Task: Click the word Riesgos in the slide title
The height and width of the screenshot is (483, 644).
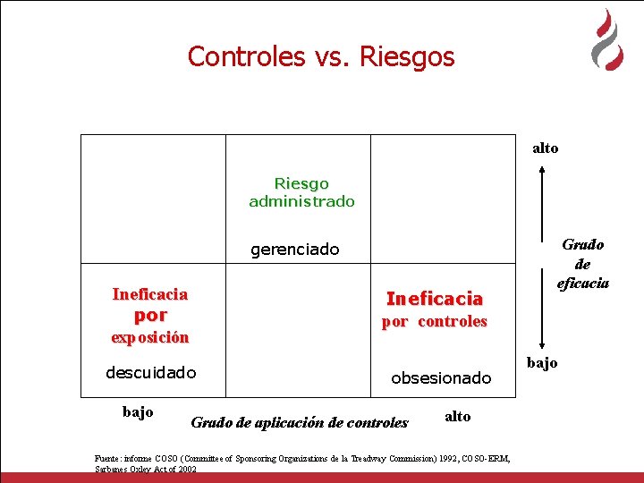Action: pyautogui.click(x=407, y=57)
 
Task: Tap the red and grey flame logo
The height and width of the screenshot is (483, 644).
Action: pyautogui.click(x=607, y=41)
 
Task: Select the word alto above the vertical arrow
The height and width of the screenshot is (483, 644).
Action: pyautogui.click(x=545, y=148)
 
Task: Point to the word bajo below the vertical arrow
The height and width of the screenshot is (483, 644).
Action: pyautogui.click(x=541, y=362)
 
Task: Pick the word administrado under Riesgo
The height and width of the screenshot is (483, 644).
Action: pyautogui.click(x=301, y=202)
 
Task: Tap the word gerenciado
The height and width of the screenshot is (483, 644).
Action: pyautogui.click(x=295, y=250)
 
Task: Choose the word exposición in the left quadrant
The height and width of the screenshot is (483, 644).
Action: pyautogui.click(x=150, y=338)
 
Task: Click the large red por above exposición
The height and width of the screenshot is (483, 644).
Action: pyautogui.click(x=150, y=316)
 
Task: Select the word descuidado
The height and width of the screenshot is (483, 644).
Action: pyautogui.click(x=150, y=372)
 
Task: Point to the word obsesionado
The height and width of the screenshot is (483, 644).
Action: pyautogui.click(x=441, y=378)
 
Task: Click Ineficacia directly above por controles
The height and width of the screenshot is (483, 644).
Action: pyautogui.click(x=434, y=299)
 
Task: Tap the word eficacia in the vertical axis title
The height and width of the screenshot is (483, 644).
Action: pyautogui.click(x=583, y=284)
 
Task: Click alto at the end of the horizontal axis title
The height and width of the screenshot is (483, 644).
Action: pyautogui.click(x=457, y=417)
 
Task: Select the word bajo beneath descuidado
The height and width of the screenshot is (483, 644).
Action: pyautogui.click(x=137, y=411)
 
